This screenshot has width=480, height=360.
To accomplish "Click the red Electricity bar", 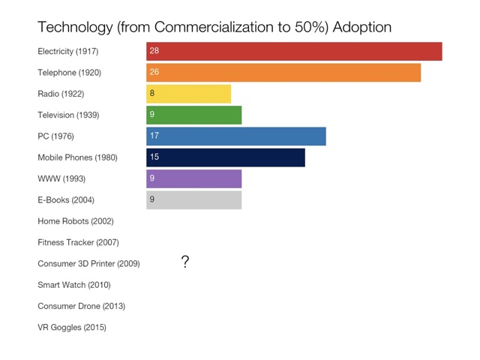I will pos(294,51).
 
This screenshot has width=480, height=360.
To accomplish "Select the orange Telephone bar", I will pos(283,73).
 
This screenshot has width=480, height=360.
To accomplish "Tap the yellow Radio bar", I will pos(189,94).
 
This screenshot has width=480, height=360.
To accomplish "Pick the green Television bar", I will pos(194,115).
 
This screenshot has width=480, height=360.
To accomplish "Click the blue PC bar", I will pos(236,136).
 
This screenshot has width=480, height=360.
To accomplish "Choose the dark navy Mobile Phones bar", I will pos(226,157).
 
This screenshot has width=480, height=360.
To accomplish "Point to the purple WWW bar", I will pos(194,178).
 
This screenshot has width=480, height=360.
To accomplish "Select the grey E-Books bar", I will pos(194,199).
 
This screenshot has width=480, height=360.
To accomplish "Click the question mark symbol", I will pos(185,262).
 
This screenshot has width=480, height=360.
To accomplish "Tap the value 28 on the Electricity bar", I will pos(154,51).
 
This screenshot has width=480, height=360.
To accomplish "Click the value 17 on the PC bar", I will pos(154,136).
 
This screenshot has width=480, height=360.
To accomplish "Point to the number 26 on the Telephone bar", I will pos(154,73).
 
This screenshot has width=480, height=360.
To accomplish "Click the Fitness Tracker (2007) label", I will pos(78,242).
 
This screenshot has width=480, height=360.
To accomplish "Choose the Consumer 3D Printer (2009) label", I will pos(88,264).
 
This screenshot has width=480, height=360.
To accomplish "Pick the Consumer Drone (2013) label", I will pos(81,306).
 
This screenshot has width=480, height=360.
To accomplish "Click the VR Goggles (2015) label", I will pos(72,328).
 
